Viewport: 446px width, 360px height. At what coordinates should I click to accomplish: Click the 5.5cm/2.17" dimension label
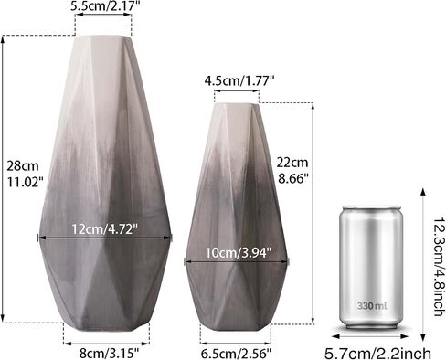pos(102,5)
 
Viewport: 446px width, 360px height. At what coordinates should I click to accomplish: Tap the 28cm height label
pos(23,166)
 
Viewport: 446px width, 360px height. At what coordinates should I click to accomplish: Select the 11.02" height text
pos(26,183)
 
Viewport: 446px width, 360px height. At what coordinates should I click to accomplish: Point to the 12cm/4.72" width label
pos(105,229)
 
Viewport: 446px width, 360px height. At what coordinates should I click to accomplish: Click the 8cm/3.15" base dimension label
pos(109,354)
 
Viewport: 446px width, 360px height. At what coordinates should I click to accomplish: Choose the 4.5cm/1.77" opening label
pos(239,81)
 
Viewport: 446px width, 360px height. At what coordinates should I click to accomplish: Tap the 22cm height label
pos(292,163)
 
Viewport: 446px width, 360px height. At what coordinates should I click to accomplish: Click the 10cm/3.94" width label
pos(238,253)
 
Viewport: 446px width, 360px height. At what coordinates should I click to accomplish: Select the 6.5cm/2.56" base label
pos(236,354)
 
